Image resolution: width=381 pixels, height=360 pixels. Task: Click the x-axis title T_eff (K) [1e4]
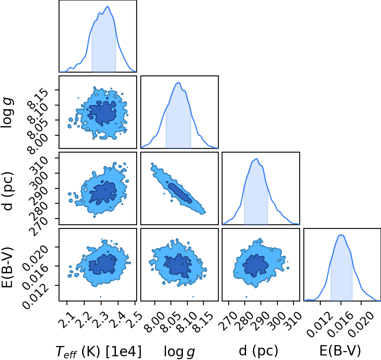coord(98,351)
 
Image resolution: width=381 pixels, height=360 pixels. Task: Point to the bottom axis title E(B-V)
coord(340,351)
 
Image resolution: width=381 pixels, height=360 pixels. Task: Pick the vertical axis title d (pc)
coord(7,191)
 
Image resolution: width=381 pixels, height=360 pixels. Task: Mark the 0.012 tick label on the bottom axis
coord(319,324)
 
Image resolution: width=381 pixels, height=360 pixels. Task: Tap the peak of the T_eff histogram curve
coord(108,7)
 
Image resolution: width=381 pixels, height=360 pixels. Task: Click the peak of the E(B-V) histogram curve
coord(341,235)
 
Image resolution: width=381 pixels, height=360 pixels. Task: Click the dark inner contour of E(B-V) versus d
coord(256,266)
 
